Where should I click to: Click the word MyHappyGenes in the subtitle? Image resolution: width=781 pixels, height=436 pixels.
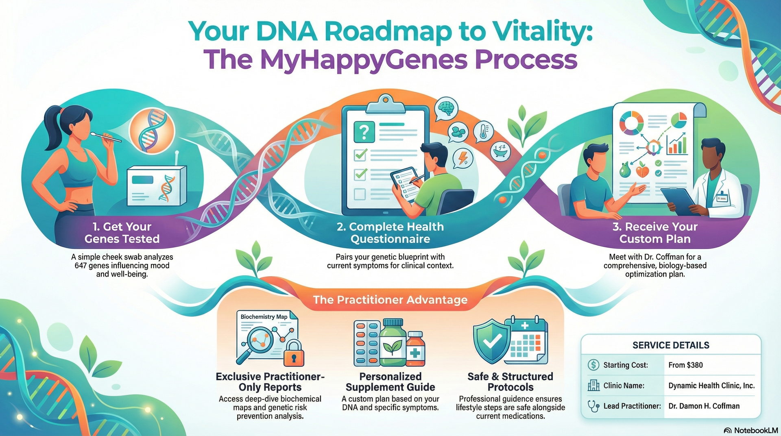coord(364,60)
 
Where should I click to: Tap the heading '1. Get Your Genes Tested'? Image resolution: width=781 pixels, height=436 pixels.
coord(122,233)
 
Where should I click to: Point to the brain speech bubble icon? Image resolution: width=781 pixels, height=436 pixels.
coord(446,108)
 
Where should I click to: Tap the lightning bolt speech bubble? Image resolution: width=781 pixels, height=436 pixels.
coord(463,158)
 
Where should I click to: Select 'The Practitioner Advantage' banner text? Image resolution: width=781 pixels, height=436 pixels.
coord(390,300)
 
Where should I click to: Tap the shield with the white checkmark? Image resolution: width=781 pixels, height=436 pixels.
coord(492,341)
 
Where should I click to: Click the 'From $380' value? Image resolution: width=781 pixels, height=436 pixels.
coord(685,365)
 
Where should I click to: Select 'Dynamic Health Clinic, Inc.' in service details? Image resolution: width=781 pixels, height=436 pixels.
coord(711,386)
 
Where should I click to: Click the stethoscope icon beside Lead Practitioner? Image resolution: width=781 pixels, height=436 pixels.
coord(593,406)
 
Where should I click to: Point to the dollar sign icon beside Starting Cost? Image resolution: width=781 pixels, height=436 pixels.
coord(593,365)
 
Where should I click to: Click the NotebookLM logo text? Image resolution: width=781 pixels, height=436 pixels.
coord(755,430)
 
